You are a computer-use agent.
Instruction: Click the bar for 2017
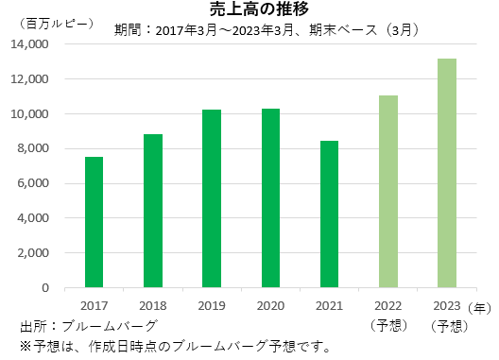94,222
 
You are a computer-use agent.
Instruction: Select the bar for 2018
153,211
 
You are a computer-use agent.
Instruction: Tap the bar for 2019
212,198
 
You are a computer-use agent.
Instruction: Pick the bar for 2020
270,197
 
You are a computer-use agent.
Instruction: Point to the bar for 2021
329,214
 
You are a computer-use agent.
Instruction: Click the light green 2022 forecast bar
388,192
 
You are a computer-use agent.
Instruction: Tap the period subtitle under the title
267,28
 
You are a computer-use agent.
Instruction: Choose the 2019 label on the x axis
212,306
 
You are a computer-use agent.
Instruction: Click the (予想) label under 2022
388,326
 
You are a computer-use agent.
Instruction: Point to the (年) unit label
481,306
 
